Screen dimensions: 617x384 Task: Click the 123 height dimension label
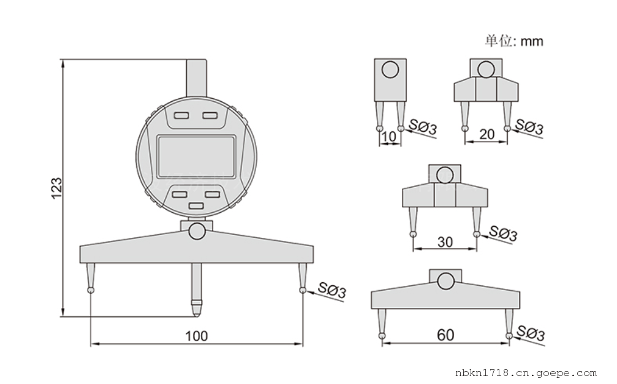tap(56, 188)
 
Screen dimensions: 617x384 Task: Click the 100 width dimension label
tap(196, 336)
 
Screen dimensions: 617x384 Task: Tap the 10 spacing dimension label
tap(389, 137)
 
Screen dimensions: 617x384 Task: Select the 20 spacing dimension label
tap(486, 134)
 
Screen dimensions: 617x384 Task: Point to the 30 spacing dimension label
tap(445, 242)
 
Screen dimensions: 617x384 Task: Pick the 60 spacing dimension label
tap(445, 335)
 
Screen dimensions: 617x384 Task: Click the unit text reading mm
tap(532, 41)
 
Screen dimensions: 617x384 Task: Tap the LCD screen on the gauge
tap(196, 156)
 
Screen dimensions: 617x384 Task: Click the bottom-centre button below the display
tap(196, 206)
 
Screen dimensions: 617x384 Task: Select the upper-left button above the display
tap(181, 115)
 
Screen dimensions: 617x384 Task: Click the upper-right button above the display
tap(210, 115)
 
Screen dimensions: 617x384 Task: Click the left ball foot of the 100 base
tap(91, 290)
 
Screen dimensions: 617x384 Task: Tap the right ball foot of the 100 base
tap(302, 290)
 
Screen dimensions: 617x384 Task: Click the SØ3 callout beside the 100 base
tap(331, 291)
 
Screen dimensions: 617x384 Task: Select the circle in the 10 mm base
tap(390, 70)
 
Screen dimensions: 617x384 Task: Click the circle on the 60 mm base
tap(445, 281)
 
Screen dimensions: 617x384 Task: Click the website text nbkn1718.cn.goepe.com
tap(526, 373)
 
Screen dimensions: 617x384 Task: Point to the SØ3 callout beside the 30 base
tap(503, 233)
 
